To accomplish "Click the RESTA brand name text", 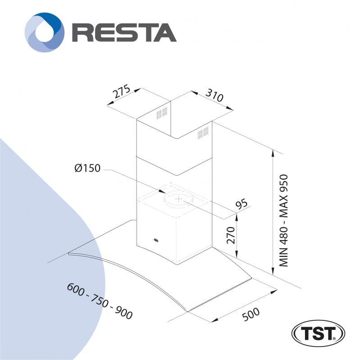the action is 124,32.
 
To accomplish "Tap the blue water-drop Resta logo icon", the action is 44,32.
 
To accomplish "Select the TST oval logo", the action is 318,333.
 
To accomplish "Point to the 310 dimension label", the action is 214,95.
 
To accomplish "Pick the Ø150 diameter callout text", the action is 87,169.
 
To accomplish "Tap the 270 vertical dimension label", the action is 231,235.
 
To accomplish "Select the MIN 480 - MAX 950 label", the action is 283,220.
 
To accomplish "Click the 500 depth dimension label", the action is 251,314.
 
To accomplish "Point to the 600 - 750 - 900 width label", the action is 100,301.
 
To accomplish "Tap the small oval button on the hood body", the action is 155,241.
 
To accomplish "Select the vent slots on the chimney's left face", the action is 162,113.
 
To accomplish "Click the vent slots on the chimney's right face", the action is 203,133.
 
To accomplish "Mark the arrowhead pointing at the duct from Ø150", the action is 161,191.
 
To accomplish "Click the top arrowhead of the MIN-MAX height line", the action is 273,153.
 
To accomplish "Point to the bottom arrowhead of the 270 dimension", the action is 237,253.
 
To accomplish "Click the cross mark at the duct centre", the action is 178,200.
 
